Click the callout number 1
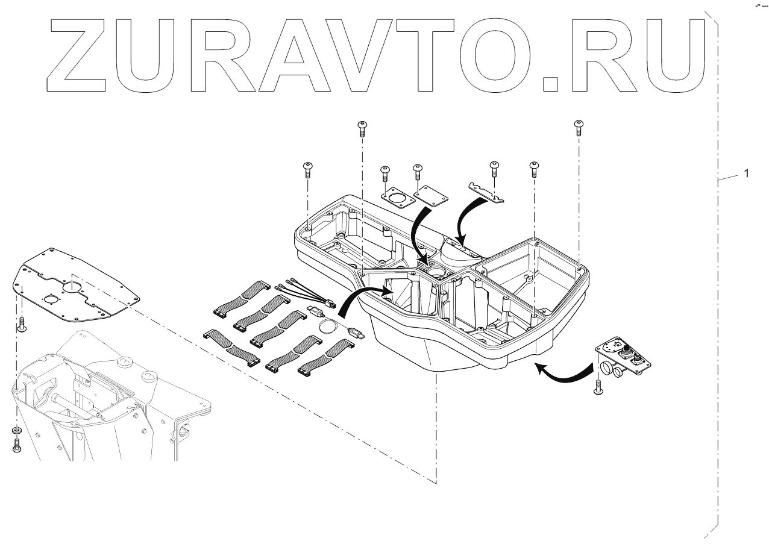coord(746,173)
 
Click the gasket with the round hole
coord(396,198)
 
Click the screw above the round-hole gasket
coord(384,173)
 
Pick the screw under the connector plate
coord(598,387)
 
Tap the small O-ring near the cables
coord(327,327)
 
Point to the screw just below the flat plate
coord(22,324)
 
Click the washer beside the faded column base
coord(16,431)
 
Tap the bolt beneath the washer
coord(16,446)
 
